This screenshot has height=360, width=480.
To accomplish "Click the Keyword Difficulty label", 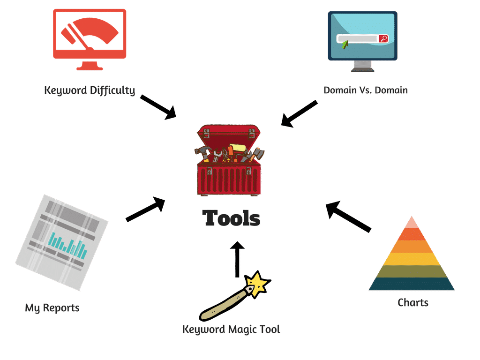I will click(90, 90).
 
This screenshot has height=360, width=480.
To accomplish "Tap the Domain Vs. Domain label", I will click(366, 90).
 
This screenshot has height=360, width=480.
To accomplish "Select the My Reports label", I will click(52, 308).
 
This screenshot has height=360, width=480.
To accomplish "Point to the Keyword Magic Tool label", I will click(231, 330).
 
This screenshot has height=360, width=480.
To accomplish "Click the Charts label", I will click(412, 302).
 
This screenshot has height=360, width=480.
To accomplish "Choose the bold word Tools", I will click(231, 218).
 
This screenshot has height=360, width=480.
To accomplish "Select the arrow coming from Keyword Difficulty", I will click(158, 106).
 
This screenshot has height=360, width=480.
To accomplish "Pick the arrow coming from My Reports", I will click(146, 210).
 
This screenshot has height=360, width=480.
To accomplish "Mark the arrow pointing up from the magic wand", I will click(238, 259).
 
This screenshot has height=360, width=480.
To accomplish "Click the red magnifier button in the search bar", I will click(383, 39).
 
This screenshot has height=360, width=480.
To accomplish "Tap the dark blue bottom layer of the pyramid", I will click(412, 284).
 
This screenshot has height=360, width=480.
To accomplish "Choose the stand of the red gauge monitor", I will click(90, 66).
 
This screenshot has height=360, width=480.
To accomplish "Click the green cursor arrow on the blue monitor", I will click(345, 45).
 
